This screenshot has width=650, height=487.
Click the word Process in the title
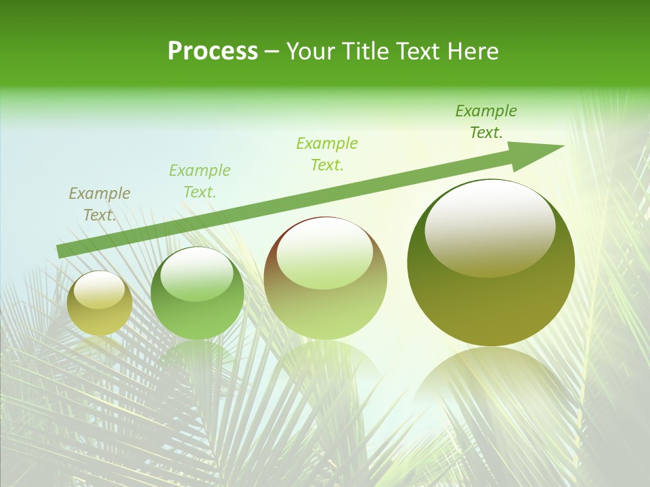click(x=213, y=51)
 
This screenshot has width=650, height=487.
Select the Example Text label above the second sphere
click(x=200, y=181)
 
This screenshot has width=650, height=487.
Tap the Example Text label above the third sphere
click(x=327, y=154)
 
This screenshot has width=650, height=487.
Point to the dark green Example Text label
click(x=486, y=122)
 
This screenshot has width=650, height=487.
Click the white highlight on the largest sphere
click(x=490, y=227)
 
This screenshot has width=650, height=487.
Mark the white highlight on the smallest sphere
click(x=100, y=290)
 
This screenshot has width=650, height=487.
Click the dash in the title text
click(x=272, y=52)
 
